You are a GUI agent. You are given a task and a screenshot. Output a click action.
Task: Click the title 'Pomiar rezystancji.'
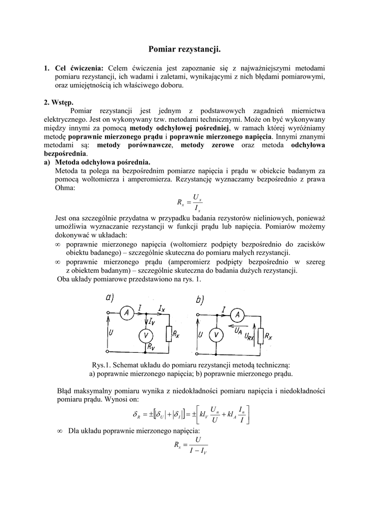[x=184, y=49]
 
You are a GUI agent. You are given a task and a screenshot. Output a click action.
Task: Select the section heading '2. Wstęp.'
[x=59, y=102]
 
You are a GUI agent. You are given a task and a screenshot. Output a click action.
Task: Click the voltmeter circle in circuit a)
[x=146, y=335]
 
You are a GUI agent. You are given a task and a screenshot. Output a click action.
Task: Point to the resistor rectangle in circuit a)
[x=169, y=334]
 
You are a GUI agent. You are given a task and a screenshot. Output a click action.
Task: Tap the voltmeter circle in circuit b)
[x=217, y=335]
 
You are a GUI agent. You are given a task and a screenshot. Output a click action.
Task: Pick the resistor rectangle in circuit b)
[x=261, y=336]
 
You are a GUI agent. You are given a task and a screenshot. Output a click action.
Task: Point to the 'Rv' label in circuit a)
[x=151, y=346]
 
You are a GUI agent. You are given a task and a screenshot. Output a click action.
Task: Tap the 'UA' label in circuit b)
[x=238, y=331]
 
